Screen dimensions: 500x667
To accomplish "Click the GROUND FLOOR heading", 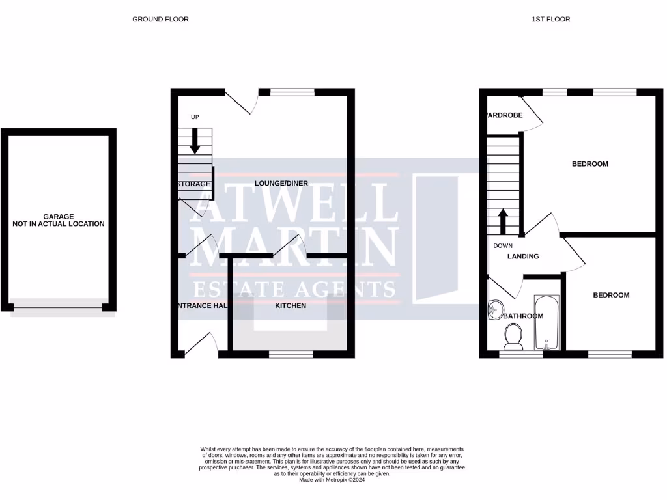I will click(160, 20).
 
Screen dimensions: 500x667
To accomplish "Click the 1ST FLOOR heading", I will click(550, 20).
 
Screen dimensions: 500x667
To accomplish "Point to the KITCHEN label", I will click(291, 305).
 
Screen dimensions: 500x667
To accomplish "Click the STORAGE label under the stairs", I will click(194, 184).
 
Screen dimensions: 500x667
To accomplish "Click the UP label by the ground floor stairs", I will click(195, 117).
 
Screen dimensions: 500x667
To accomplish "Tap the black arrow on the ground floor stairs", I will click(195, 143).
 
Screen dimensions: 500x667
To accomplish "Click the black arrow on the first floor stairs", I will click(503, 221).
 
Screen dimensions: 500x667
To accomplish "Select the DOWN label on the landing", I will click(503, 246).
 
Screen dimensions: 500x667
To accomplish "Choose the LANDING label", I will click(524, 257).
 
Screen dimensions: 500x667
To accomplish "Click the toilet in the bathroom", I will click(514, 335).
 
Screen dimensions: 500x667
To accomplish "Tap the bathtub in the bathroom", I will click(546, 322).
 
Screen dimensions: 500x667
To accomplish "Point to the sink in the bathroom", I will click(496, 308).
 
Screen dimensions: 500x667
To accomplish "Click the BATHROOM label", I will click(524, 316).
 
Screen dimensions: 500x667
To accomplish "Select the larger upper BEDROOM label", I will click(590, 164).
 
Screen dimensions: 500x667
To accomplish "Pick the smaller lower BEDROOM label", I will click(611, 296).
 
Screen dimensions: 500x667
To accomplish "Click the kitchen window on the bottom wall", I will click(291, 355).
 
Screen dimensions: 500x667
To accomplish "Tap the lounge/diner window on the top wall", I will click(291, 92).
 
